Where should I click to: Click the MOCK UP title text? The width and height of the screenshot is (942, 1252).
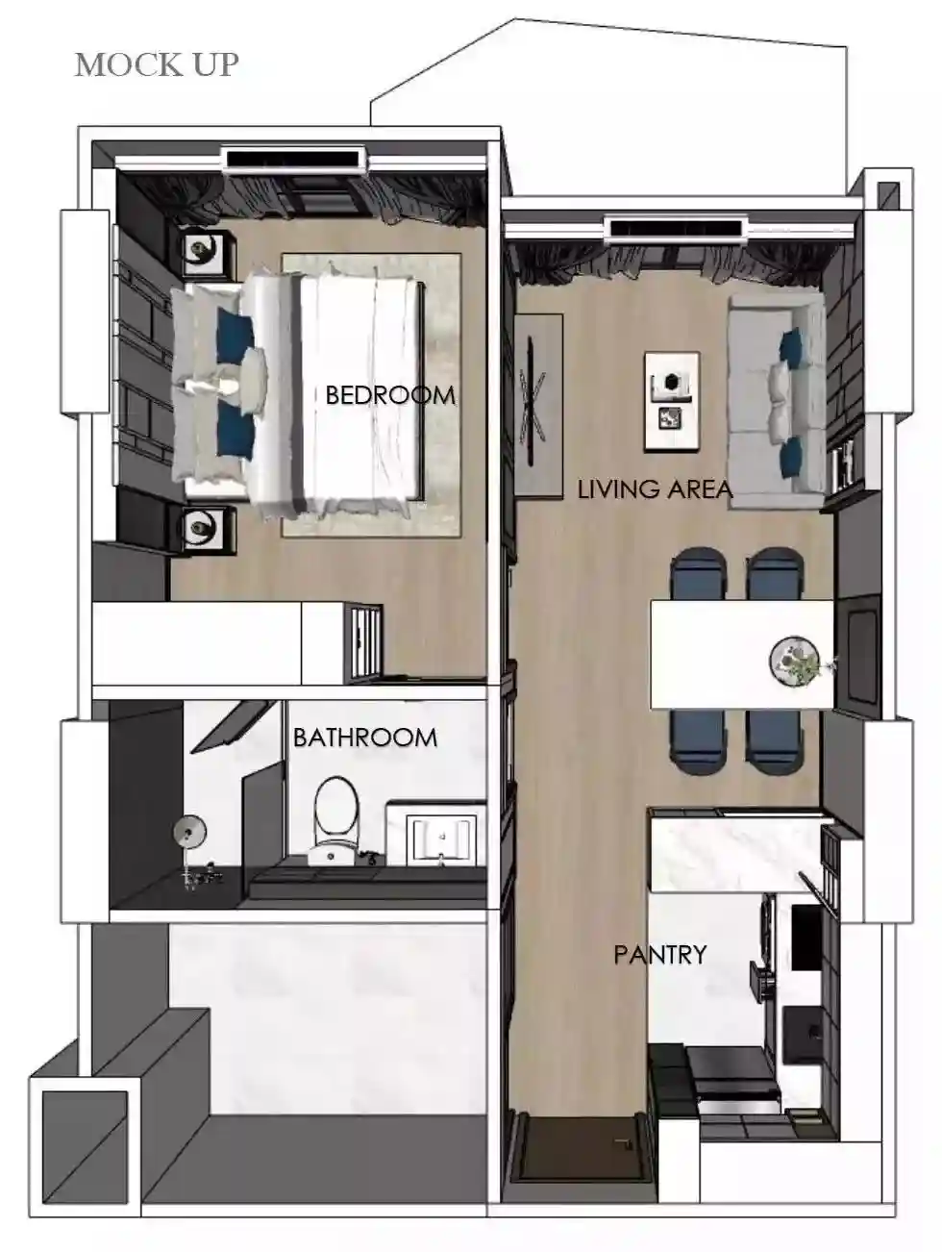(x=157, y=64)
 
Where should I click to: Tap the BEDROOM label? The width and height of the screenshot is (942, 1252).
(x=390, y=395)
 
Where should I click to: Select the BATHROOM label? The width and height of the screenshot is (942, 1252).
(x=365, y=738)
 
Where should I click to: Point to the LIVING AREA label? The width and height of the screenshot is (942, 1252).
(x=655, y=489)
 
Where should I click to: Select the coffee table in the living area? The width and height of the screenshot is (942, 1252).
(x=672, y=402)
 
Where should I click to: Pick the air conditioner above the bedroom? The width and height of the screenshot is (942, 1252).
(x=294, y=158)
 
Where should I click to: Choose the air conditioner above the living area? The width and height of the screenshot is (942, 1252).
(x=677, y=228)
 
